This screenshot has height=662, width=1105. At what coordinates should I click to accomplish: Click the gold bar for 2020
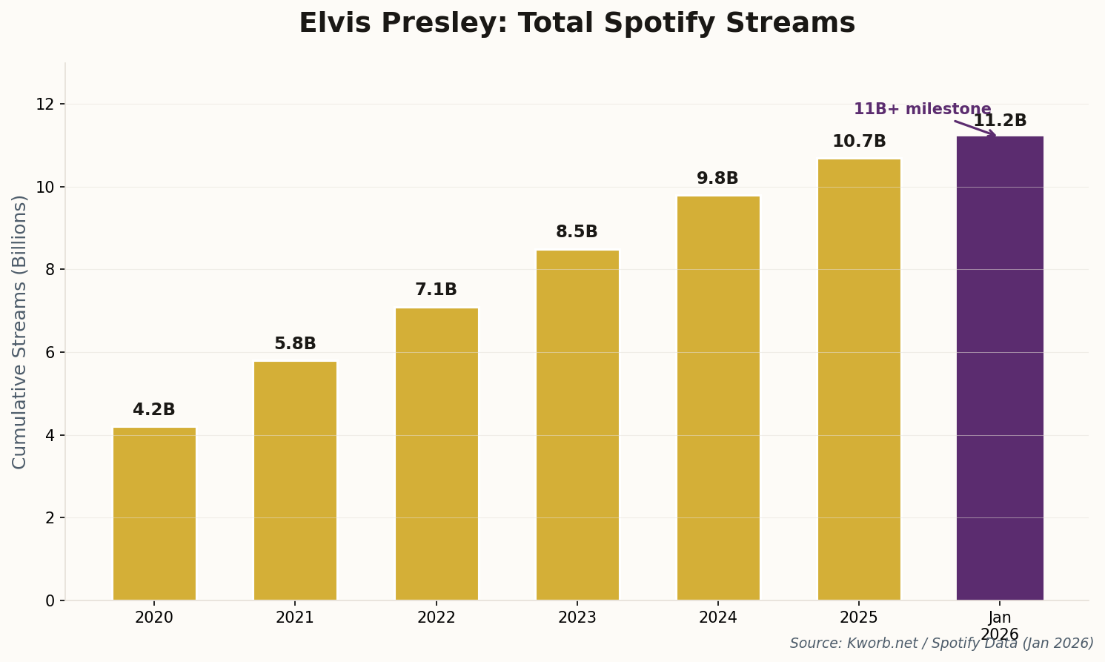point(154,513)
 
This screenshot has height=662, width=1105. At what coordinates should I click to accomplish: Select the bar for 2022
point(437,454)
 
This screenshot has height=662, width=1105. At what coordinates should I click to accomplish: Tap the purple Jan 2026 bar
point(999,368)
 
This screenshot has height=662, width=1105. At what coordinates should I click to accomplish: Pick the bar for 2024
point(718,398)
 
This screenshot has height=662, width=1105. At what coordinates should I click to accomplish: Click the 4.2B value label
point(154,410)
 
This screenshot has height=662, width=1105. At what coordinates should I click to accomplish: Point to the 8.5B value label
point(577,232)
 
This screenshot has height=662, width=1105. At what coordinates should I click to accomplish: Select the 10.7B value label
point(859,142)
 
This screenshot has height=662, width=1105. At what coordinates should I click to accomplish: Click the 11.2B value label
point(1000,121)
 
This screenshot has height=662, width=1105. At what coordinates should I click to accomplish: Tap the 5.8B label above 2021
point(295,344)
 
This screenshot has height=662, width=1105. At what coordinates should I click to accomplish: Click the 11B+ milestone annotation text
point(922,109)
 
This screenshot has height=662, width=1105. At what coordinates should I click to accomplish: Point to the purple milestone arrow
point(975,128)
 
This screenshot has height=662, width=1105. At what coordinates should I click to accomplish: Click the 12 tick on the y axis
point(46,104)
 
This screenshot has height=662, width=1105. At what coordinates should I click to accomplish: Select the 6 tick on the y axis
point(50,352)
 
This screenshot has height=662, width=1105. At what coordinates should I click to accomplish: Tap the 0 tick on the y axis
point(50,600)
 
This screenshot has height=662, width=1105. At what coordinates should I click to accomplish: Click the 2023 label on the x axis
point(577,618)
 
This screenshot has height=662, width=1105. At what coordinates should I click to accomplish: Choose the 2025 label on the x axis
point(859,618)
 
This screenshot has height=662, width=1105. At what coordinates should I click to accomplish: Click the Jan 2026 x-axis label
point(999,626)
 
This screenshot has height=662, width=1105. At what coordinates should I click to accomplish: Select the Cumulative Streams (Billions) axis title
point(20,331)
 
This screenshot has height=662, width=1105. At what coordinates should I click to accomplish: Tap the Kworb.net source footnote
point(941,643)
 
